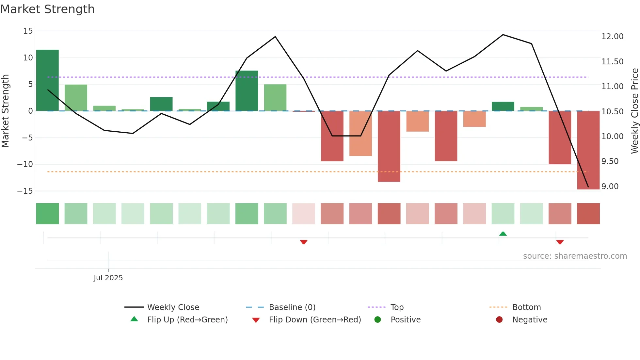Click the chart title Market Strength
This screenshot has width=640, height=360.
click(47, 9)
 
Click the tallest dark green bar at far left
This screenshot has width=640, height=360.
click(47, 80)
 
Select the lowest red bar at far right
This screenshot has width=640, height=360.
click(588, 150)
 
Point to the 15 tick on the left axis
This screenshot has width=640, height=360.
click(28, 31)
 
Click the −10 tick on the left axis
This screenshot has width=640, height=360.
click(25, 164)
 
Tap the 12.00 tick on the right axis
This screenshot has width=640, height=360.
click(612, 37)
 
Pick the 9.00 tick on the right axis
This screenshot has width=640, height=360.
click(610, 187)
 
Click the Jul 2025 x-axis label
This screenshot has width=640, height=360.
click(108, 278)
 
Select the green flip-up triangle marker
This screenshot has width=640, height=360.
click(503, 234)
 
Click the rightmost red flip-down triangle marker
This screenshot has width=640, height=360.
click(560, 242)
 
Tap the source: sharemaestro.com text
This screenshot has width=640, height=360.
click(575, 256)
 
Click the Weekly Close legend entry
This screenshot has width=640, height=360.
click(173, 307)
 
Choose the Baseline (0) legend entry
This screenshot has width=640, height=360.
click(292, 307)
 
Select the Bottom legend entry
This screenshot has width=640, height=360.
click(526, 307)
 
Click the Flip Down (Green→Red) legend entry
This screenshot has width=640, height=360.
click(314, 320)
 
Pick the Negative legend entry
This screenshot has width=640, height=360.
click(529, 320)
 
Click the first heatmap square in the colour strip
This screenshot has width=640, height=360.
click(47, 214)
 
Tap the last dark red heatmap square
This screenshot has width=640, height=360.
click(588, 214)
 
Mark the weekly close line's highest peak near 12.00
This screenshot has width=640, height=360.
click(503, 35)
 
